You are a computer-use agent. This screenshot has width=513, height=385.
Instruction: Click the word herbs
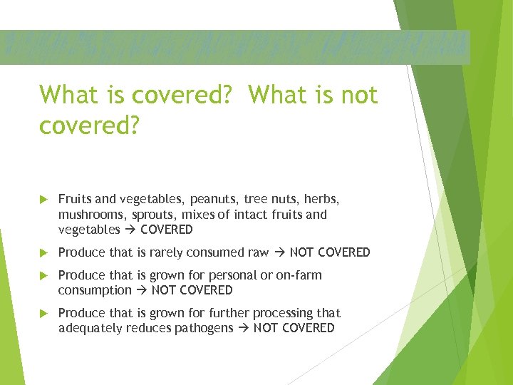click(x=323, y=199)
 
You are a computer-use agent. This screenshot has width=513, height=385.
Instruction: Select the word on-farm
click(x=299, y=275)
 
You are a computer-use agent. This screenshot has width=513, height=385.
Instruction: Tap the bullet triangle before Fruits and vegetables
click(x=44, y=199)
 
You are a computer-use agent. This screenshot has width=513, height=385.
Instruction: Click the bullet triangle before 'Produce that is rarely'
click(x=44, y=252)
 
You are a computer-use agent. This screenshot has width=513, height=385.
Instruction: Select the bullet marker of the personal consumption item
click(x=44, y=275)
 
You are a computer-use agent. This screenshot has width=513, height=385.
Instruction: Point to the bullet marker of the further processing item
click(x=44, y=313)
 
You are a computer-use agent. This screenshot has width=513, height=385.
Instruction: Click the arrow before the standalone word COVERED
click(x=130, y=230)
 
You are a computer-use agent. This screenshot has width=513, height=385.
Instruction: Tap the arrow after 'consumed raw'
click(x=279, y=252)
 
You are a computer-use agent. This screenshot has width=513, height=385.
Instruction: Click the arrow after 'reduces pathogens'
click(x=243, y=328)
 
